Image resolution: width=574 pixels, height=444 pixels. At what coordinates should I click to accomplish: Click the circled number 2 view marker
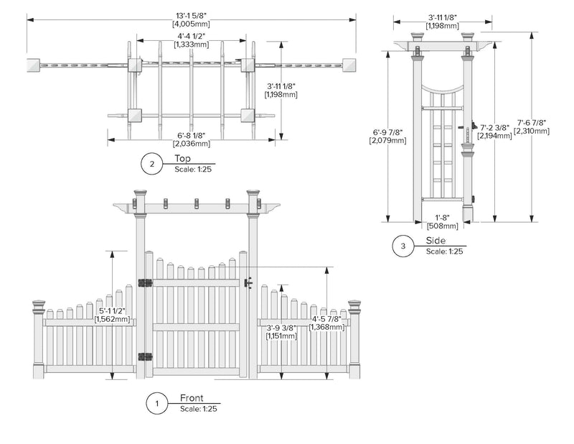(151, 165)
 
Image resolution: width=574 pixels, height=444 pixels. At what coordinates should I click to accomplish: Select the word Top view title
(182, 159)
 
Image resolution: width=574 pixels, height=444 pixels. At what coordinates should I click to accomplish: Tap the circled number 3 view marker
(403, 246)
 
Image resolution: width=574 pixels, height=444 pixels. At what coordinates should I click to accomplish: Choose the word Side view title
(435, 241)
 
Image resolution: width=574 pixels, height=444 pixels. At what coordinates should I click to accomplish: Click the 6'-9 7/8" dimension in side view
(388, 131)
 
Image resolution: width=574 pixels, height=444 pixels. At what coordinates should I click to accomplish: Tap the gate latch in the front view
(248, 282)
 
